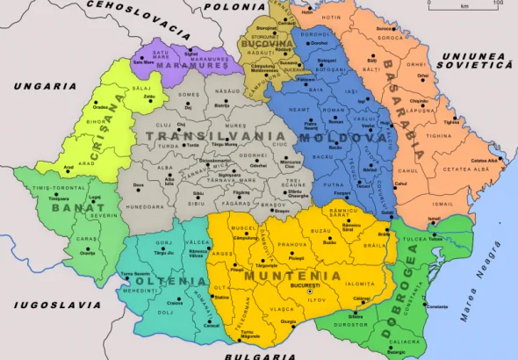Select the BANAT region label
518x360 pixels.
(x=71, y=207)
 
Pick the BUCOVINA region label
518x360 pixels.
(x=269, y=43)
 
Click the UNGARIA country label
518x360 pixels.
(x=45, y=86)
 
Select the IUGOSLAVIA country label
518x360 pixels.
(x=51, y=306)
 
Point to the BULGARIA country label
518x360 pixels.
(x=259, y=355)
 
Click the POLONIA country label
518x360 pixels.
(x=234, y=6)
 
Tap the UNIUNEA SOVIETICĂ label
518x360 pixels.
(x=474, y=60)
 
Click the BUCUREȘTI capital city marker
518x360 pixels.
(x=297, y=291)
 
